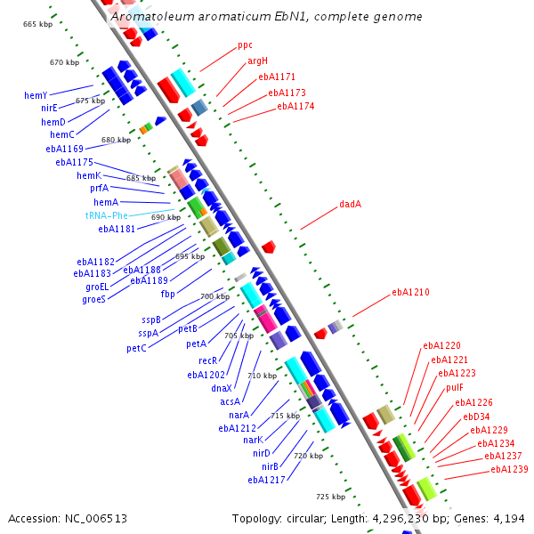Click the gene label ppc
245,44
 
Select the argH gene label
257,61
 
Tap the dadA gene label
350,204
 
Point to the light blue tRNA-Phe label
107,215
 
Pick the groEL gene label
96,287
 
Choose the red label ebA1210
411,292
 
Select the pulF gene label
455,387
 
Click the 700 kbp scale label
214,296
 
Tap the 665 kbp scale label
37,23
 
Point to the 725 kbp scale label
330,496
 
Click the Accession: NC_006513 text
68,518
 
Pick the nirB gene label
270,466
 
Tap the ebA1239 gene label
510,469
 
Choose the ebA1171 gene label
277,77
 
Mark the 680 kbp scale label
116,140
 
